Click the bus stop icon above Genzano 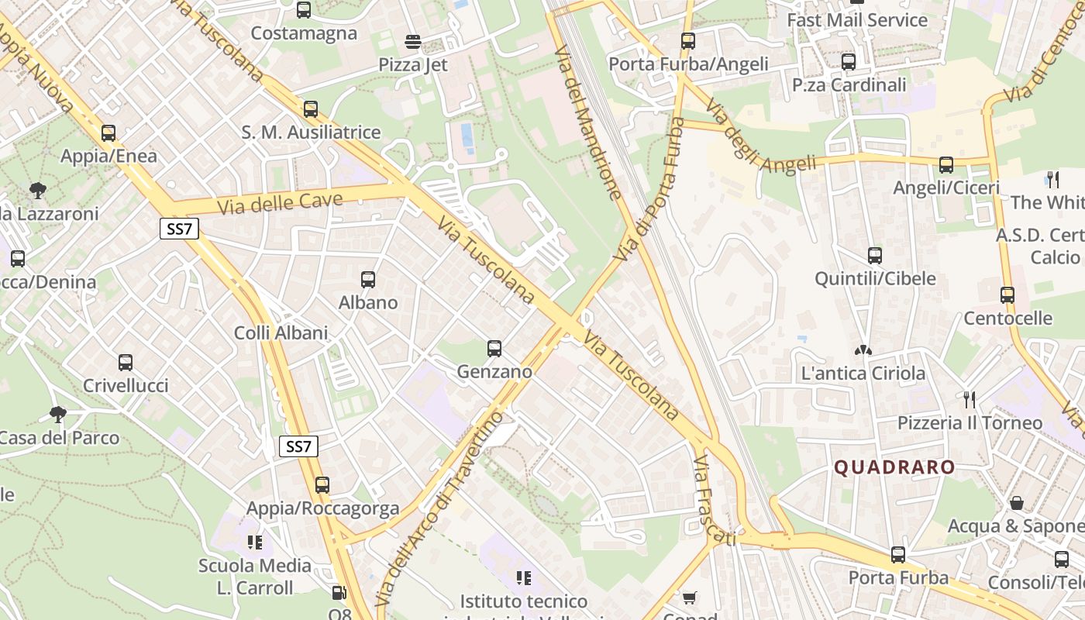point(494,349)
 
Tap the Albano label point(368,302)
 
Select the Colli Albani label point(281,333)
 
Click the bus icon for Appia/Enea point(108,133)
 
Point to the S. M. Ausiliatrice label point(311,133)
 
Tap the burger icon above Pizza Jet point(413,41)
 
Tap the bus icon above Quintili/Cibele point(875,255)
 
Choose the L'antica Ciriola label point(863,374)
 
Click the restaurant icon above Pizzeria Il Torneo point(969,399)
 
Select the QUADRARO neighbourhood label point(894,467)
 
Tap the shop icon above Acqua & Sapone point(1017,503)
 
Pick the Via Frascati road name point(713,501)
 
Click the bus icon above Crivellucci point(126,362)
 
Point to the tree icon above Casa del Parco point(57,414)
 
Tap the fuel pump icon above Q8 point(339,593)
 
